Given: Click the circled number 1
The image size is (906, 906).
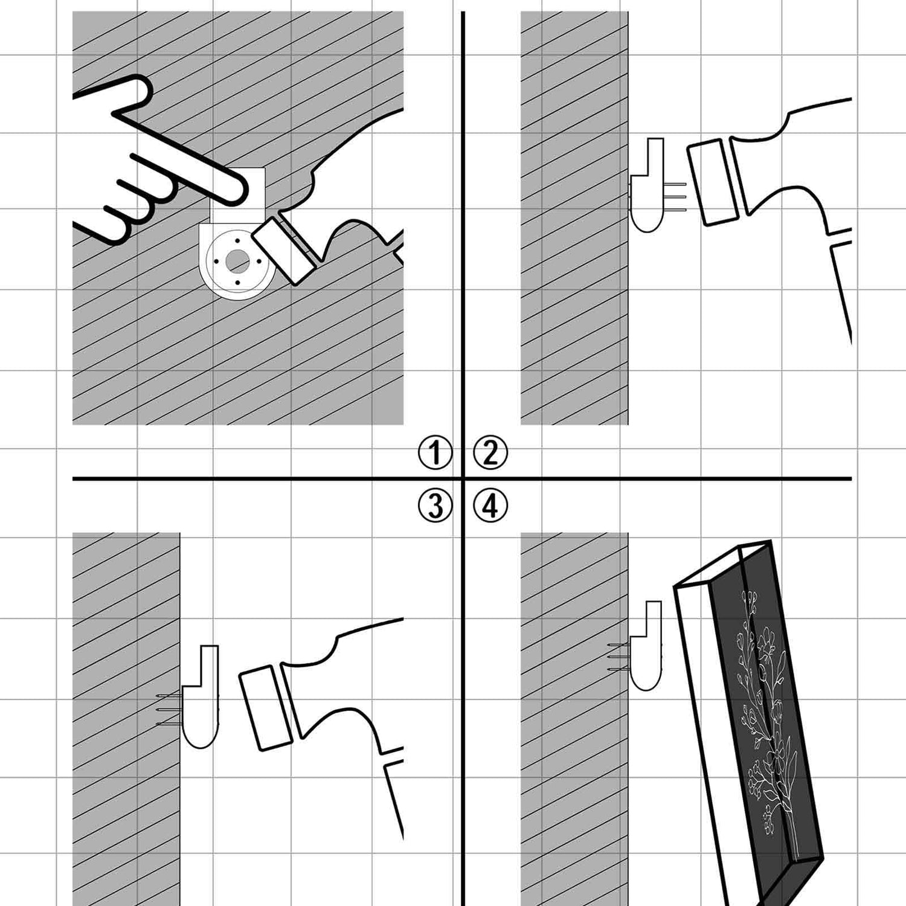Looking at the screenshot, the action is click(435, 452).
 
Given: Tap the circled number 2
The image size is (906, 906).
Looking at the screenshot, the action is click(490, 452).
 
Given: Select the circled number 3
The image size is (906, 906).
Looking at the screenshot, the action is click(435, 506).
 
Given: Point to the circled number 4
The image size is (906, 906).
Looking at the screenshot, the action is click(490, 506).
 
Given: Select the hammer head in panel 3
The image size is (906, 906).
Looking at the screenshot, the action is click(266, 708).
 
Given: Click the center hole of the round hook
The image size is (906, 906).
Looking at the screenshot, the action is click(237, 260).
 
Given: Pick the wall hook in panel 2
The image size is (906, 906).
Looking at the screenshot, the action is click(647, 185).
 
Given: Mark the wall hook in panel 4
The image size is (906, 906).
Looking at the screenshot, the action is click(646, 646).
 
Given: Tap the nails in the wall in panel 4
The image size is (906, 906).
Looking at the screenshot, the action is click(619, 658).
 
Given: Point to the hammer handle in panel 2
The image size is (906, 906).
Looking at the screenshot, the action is click(841, 290).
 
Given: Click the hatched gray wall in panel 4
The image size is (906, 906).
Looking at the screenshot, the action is click(574, 719).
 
